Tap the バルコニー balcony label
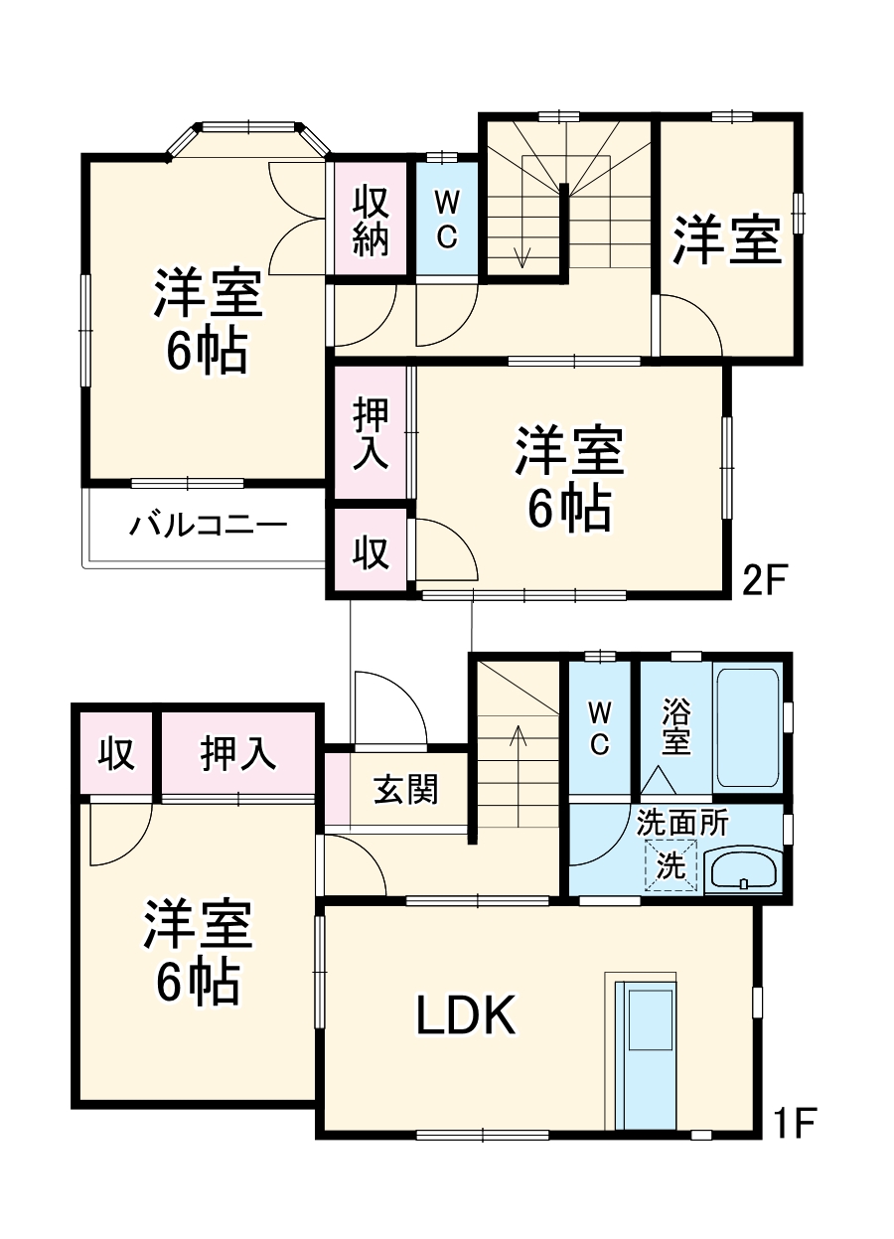[208, 525]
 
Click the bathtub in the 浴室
[748, 729]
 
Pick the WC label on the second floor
[446, 219]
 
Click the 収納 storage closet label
[370, 219]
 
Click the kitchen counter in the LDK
[646, 1053]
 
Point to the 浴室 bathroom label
[675, 728]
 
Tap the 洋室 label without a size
[727, 241]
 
